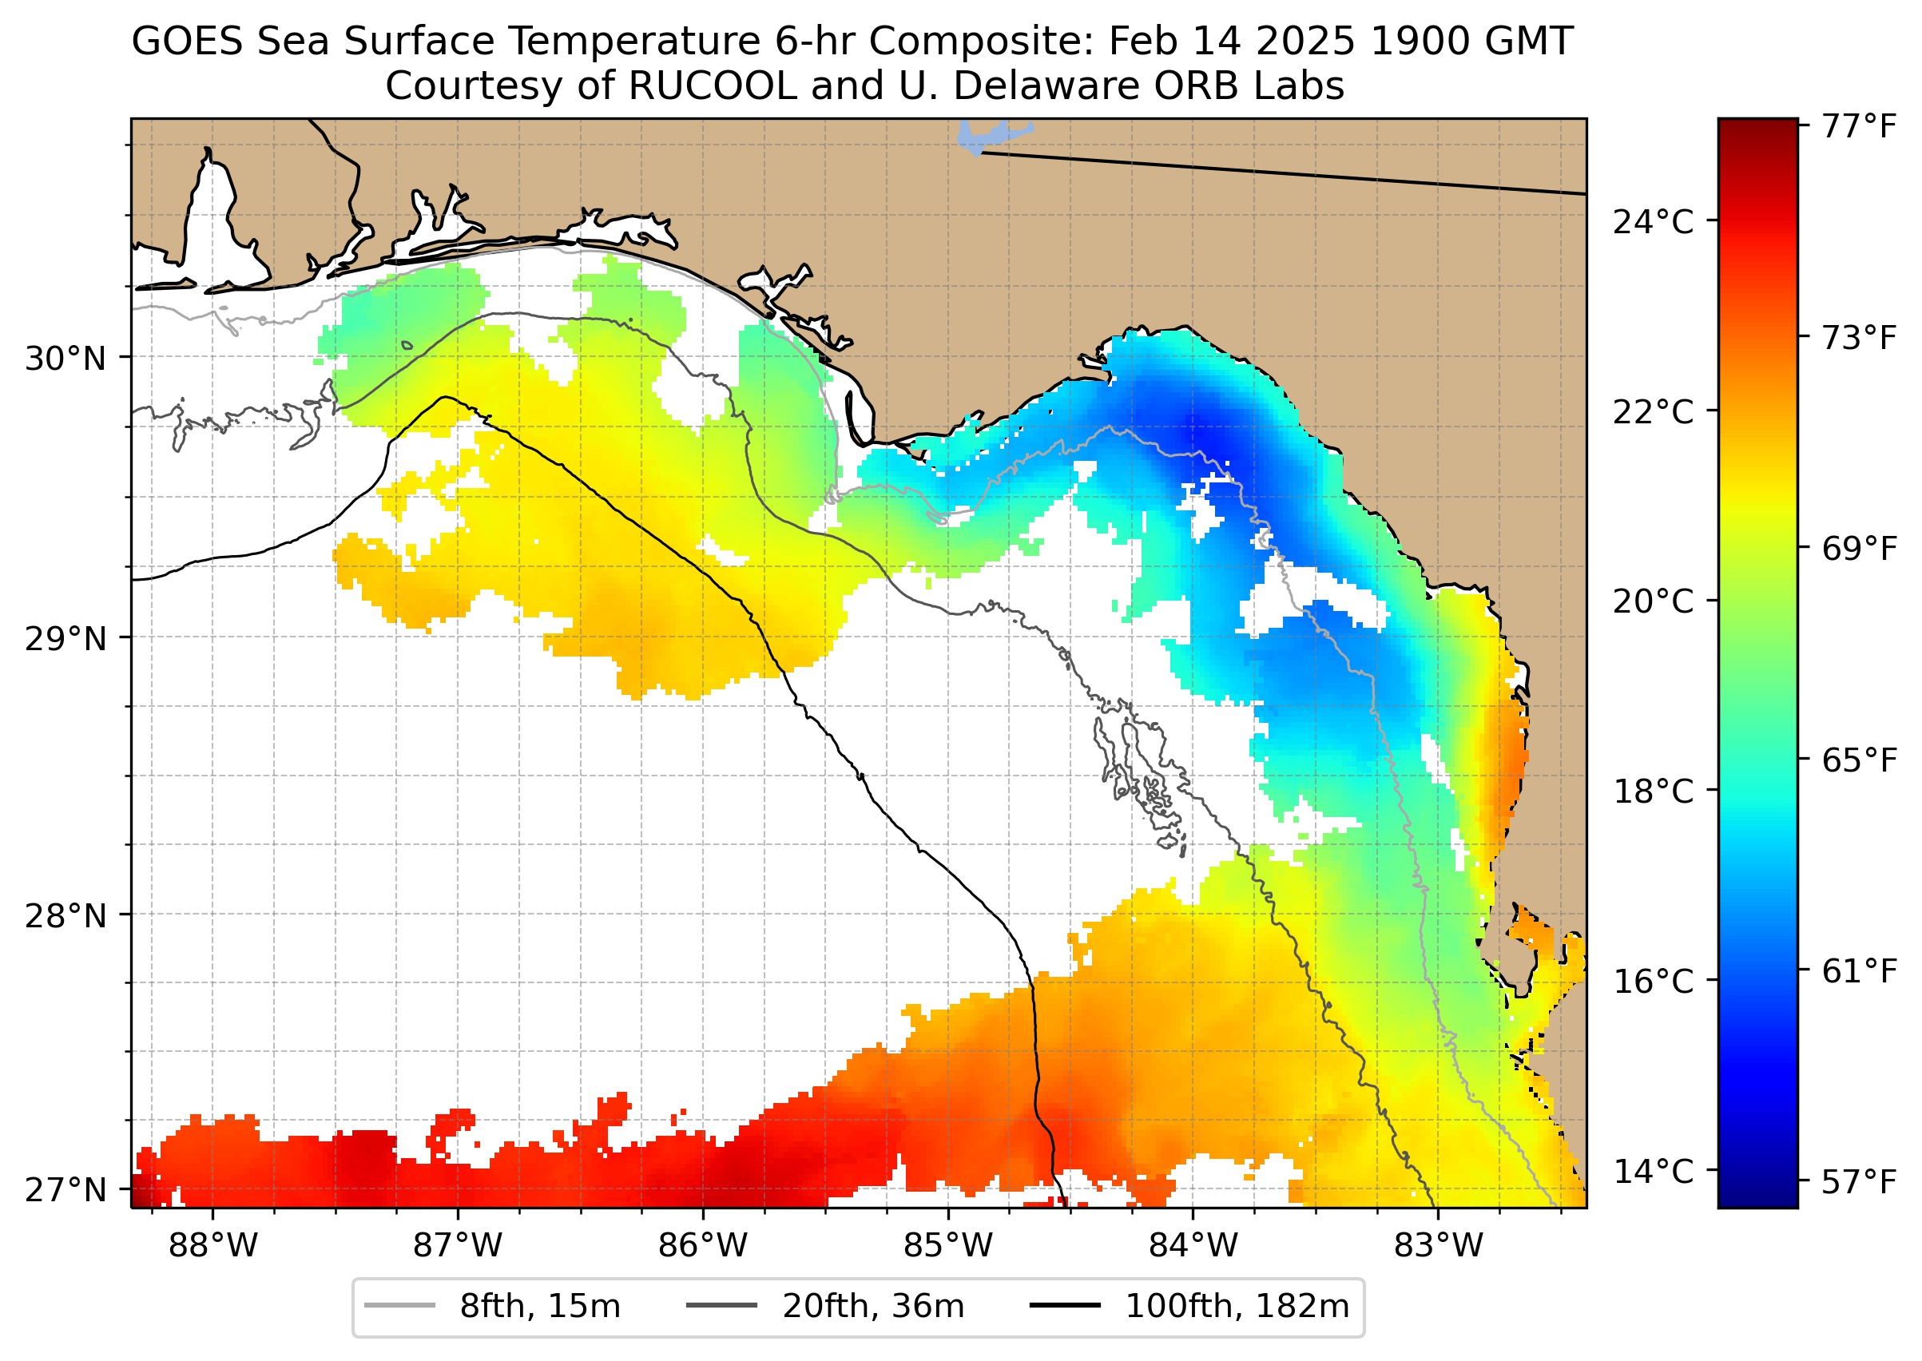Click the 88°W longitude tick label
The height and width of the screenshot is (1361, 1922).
pos(213,1246)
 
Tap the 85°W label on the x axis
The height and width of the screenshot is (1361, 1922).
pos(948,1246)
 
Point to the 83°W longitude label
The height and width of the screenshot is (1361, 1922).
pos(1439,1246)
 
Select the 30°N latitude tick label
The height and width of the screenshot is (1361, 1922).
pos(66,359)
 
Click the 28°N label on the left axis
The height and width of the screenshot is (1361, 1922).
pos(66,916)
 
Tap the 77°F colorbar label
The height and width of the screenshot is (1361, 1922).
pos(1859,126)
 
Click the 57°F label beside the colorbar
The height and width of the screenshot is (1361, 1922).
pos(1859,1183)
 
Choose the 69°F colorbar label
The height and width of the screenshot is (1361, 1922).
pos(1859,549)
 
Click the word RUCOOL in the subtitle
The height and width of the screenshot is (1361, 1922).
pos(712,85)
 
